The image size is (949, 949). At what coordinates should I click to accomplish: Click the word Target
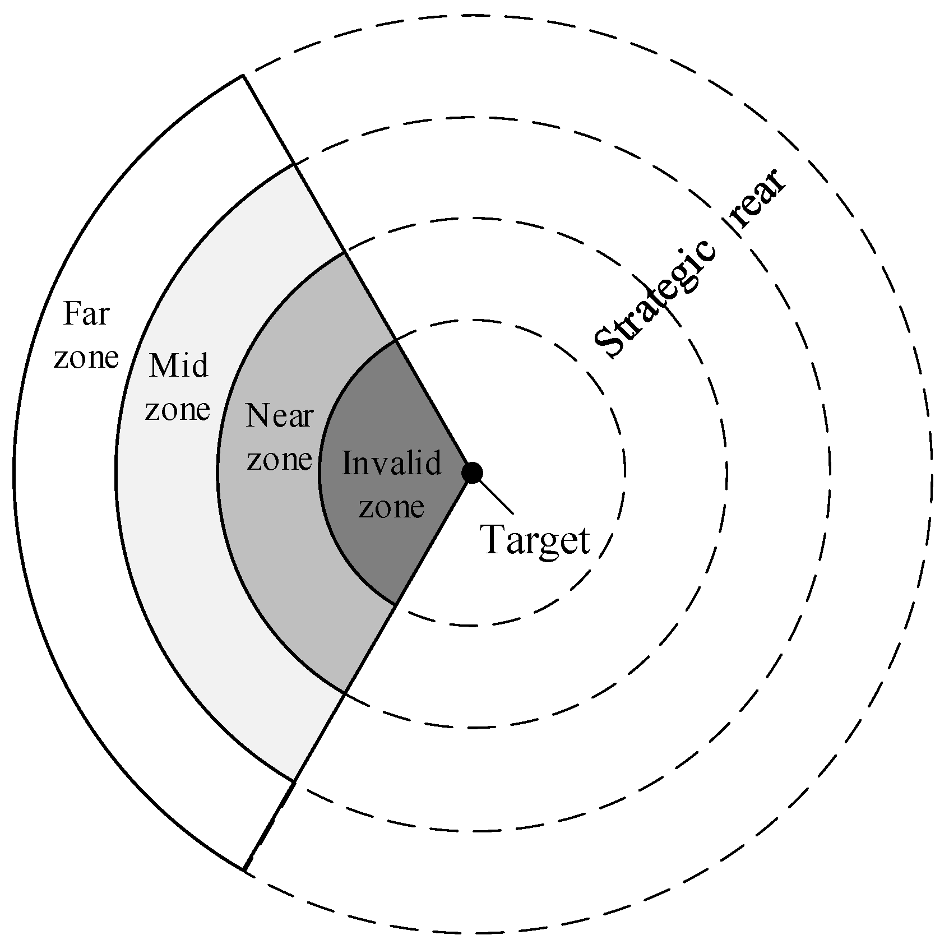click(x=536, y=540)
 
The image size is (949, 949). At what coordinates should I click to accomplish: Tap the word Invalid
click(x=391, y=464)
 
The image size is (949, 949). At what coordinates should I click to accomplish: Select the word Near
click(x=279, y=416)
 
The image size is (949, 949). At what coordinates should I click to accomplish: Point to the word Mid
click(x=178, y=366)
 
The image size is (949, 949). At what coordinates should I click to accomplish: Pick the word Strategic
click(x=655, y=298)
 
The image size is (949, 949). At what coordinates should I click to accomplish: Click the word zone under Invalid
click(x=391, y=507)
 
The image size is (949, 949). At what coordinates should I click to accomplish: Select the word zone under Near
click(x=279, y=459)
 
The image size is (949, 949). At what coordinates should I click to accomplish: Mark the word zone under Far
click(x=86, y=357)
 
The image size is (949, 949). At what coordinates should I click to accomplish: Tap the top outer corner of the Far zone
click(x=243, y=75)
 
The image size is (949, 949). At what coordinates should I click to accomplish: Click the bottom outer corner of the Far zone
click(x=244, y=870)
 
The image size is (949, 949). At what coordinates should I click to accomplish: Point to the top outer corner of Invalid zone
click(x=396, y=340)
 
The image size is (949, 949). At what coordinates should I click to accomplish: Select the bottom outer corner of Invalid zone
click(x=396, y=604)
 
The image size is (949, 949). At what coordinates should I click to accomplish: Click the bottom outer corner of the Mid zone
click(x=294, y=780)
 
